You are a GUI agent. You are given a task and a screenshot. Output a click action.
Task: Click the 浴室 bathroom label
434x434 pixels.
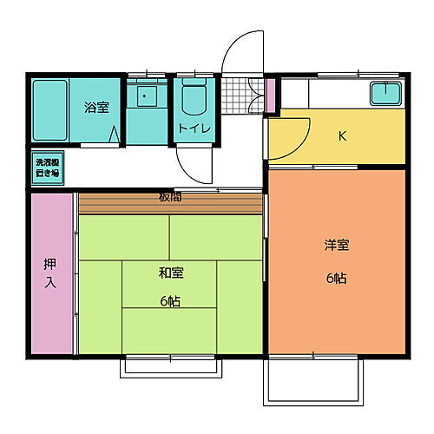[96, 108]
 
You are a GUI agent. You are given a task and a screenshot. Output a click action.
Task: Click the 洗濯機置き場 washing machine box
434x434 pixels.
[46, 167]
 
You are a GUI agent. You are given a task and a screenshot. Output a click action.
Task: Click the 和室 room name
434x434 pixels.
[170, 273]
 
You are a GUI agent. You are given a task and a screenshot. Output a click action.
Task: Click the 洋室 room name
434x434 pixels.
[336, 245]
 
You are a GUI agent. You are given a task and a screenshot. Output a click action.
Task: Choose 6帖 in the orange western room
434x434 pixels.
[336, 279]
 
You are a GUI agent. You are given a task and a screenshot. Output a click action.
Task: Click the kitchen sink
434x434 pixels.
[383, 93]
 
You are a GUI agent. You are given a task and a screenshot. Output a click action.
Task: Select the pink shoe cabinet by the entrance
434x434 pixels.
[269, 95]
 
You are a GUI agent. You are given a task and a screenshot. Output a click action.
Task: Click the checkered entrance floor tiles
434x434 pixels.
[242, 96]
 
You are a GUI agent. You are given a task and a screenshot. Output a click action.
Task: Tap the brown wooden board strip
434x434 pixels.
[170, 204]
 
